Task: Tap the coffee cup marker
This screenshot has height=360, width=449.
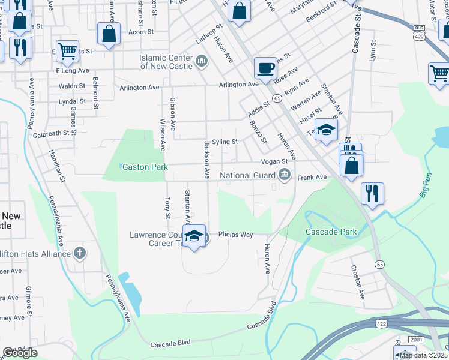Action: coord(265,68)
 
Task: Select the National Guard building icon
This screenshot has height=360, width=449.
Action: coord(284,176)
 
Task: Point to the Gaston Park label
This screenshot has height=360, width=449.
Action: coord(145,166)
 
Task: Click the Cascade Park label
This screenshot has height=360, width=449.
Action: coord(331,232)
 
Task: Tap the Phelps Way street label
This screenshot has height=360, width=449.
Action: coord(235,235)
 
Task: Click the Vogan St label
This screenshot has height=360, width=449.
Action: coord(274,162)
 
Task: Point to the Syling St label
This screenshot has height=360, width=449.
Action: coord(225,142)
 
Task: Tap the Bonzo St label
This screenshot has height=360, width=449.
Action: coord(258,132)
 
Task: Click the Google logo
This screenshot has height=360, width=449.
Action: coord(20,353)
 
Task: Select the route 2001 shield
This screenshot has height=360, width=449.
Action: coord(417,340)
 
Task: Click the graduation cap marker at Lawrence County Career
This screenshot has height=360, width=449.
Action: coord(194,236)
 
